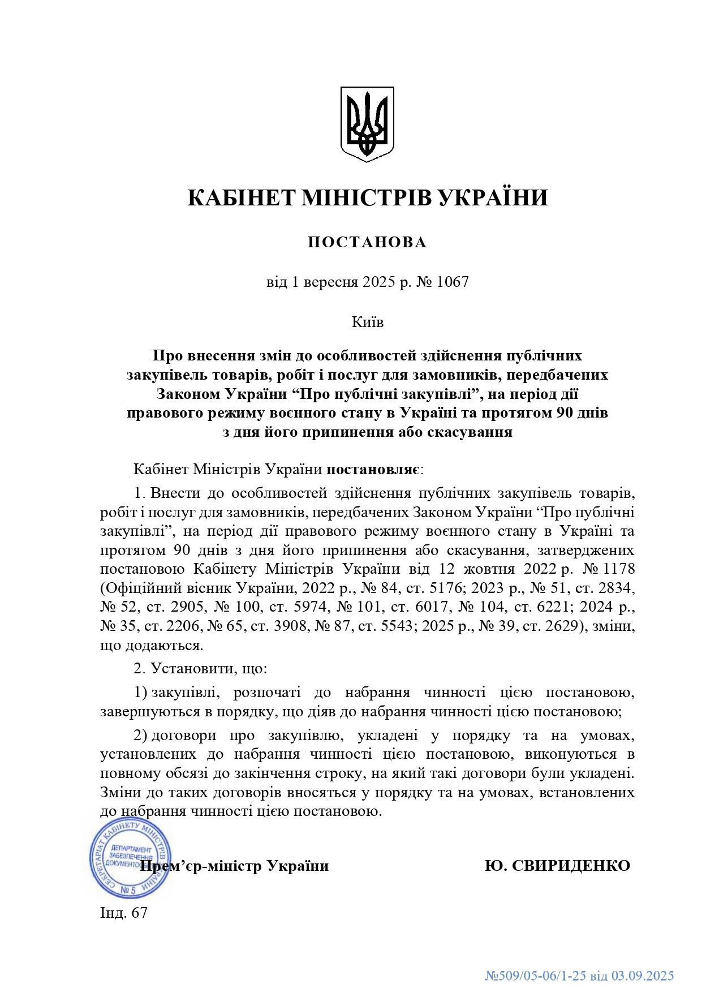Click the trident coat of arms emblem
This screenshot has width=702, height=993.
[367, 123]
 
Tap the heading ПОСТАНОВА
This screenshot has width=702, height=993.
[367, 243]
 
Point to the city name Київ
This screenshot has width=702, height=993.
[367, 322]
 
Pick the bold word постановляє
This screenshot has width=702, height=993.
[373, 469]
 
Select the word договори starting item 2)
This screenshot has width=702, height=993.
[183, 735]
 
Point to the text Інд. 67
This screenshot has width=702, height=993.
[123, 913]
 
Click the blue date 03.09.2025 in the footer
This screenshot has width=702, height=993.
[643, 975]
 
